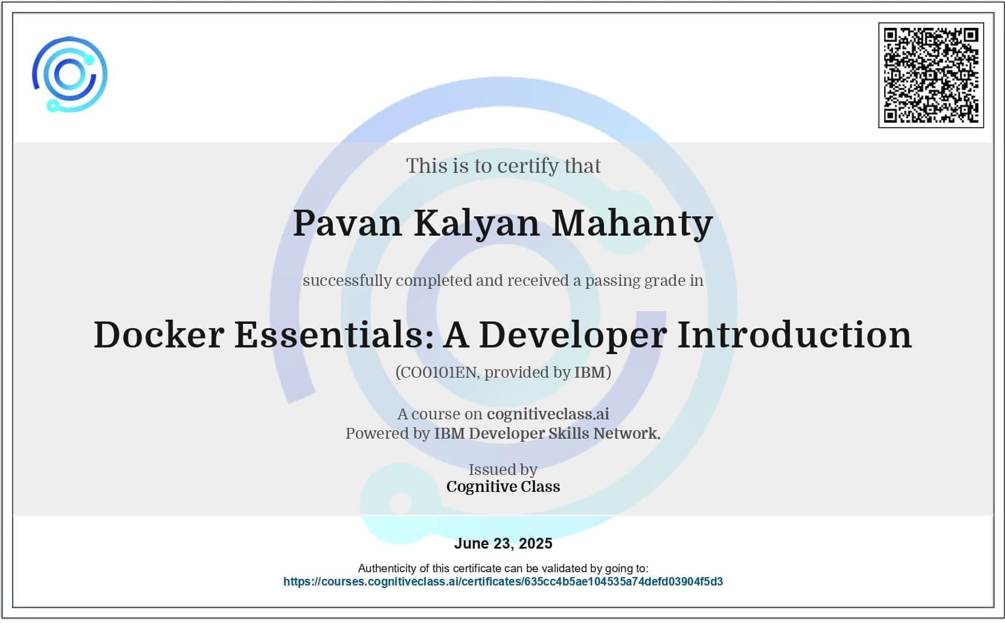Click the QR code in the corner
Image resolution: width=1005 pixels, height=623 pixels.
pos(931,76)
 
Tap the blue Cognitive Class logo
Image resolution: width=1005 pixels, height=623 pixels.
pos(70,74)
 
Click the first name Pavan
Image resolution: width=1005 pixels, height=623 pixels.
pos(347,223)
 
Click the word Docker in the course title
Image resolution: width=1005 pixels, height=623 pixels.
pos(159,334)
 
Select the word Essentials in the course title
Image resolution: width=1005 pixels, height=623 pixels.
pos(334,334)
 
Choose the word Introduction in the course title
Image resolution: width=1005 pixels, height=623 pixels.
pos(795,334)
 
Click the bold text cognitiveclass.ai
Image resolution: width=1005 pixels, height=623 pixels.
pos(548,414)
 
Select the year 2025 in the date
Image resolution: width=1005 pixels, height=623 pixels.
pos(536,544)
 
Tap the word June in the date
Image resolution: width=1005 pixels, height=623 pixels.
pos(471,544)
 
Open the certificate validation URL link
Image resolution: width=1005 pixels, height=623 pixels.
pos(503,582)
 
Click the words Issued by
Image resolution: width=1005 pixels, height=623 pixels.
pos(503,470)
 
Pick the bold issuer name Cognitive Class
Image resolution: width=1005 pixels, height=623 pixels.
pos(503,486)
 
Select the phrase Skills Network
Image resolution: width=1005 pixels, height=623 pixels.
pos(605,434)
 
